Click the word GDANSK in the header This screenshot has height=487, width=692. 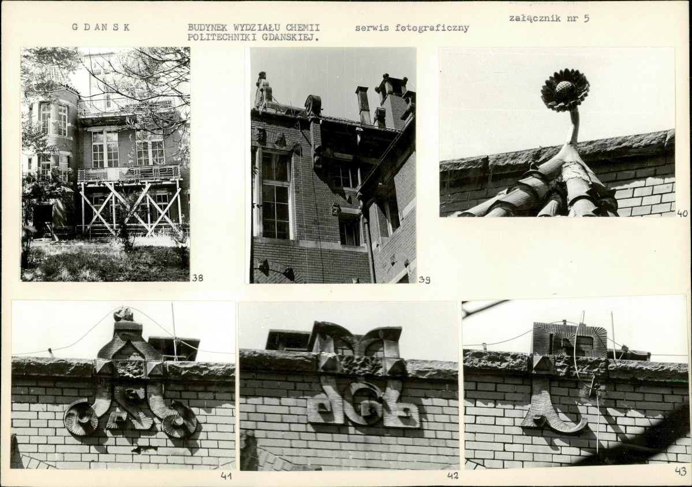click(101, 27)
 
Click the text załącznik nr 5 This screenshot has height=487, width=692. click(549, 18)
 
